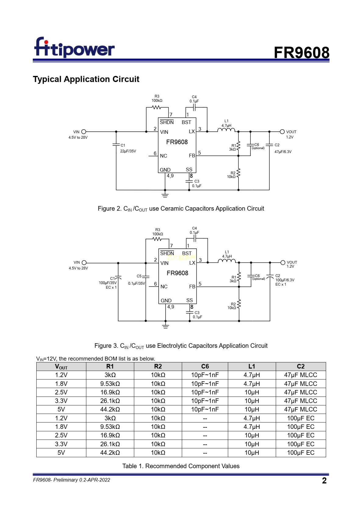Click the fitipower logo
click(74, 48)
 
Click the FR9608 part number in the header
click(301, 53)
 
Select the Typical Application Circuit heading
click(86, 79)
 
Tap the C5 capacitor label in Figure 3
click(139, 276)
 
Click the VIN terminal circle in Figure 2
click(84, 132)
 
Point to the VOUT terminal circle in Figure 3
click(283, 262)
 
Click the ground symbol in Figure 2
click(165, 194)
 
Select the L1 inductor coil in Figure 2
click(226, 130)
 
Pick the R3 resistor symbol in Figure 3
click(157, 239)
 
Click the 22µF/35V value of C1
click(128, 151)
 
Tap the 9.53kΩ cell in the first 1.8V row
click(110, 384)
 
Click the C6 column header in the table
click(205, 366)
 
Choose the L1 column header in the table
click(252, 366)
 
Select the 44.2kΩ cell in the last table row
click(110, 453)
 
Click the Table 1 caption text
click(181, 466)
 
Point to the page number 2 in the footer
click(324, 481)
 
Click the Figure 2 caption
click(181, 209)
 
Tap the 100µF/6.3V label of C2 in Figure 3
click(285, 280)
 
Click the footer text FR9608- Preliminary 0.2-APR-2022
click(72, 480)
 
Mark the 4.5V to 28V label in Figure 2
click(78, 137)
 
